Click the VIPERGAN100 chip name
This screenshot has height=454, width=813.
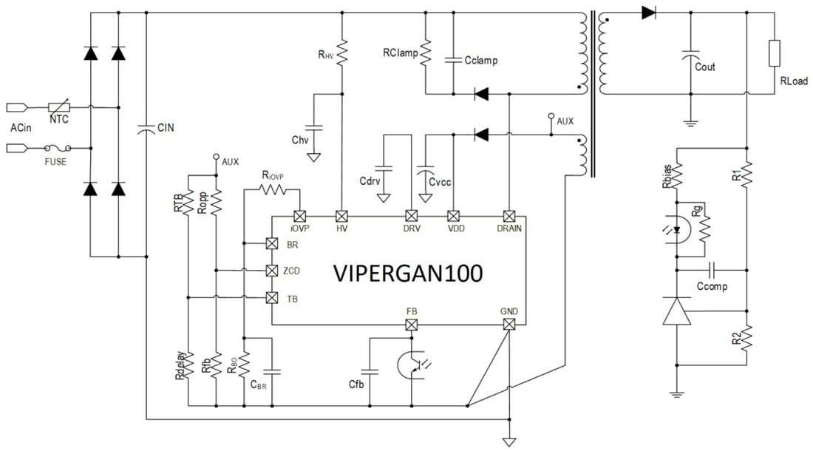tap(408, 273)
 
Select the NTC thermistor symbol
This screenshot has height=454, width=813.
tap(60, 108)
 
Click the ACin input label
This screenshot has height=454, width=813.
tap(20, 128)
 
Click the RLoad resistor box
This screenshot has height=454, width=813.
tap(774, 54)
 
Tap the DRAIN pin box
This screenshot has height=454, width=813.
tap(508, 216)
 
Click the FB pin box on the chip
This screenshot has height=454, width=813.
tap(412, 324)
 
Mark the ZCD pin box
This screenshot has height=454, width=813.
tap(271, 271)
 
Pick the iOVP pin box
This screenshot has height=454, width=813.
tap(299, 216)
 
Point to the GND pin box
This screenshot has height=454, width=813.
tap(508, 324)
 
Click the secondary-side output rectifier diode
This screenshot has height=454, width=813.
tap(649, 13)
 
